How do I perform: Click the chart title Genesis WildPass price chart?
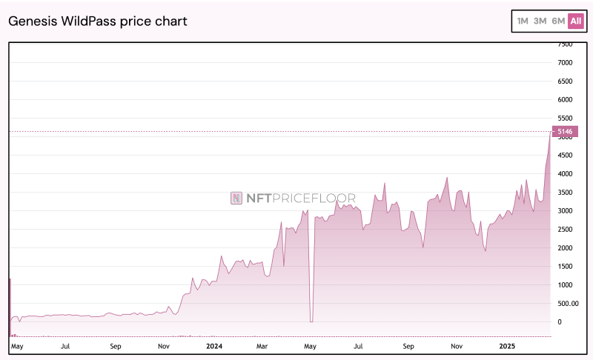pyautogui.click(x=98, y=21)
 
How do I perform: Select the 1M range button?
pyautogui.click(x=523, y=21)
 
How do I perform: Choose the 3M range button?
pyautogui.click(x=540, y=21)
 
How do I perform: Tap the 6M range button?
pyautogui.click(x=558, y=21)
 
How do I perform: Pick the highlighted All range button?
pyautogui.click(x=576, y=21)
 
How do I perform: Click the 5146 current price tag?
pyautogui.click(x=566, y=132)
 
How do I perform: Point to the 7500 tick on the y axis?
pyautogui.click(x=565, y=44)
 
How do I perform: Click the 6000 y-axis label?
pyautogui.click(x=565, y=100)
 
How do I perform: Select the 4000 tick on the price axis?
pyautogui.click(x=565, y=174)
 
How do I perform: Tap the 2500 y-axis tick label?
pyautogui.click(x=565, y=230)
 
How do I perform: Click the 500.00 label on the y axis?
pyautogui.click(x=568, y=304)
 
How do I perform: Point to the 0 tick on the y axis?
pyautogui.click(x=560, y=322)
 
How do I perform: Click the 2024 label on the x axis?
pyautogui.click(x=214, y=346)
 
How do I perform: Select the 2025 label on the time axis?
pyautogui.click(x=506, y=346)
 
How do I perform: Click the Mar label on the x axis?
pyautogui.click(x=262, y=346)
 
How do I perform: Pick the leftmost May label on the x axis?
pyautogui.click(x=18, y=346)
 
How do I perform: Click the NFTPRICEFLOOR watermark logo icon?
pyautogui.click(x=236, y=198)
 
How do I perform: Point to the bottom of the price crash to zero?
pyautogui.click(x=311, y=321)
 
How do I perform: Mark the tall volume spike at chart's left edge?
pyautogui.click(x=10, y=304)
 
